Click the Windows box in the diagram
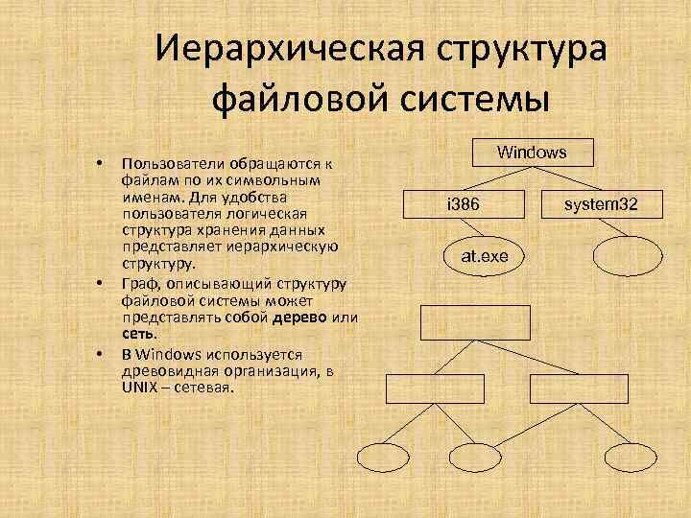(x=532, y=153)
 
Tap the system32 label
(x=601, y=204)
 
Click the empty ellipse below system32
(x=628, y=256)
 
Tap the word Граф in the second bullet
(x=138, y=285)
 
